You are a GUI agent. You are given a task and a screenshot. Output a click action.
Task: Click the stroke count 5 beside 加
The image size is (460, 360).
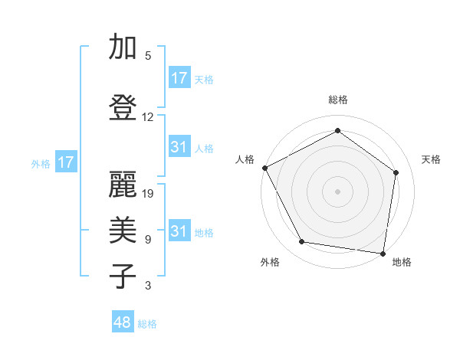pos(148,56)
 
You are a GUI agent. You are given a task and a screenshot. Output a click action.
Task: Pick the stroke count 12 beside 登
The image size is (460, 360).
pos(148,117)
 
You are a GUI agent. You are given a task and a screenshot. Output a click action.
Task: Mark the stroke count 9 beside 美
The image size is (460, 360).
pos(148,240)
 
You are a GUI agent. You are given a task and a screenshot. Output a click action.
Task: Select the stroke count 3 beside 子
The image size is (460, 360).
pos(148,286)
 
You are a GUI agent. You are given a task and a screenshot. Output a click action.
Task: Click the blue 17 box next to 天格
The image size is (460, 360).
pos(179,78)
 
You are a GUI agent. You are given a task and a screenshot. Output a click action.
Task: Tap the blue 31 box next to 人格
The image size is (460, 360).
pos(179,147)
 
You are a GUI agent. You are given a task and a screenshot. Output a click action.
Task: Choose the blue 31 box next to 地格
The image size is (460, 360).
pos(179,231)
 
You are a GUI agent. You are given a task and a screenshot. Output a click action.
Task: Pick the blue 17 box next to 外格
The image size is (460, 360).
pos(66,162)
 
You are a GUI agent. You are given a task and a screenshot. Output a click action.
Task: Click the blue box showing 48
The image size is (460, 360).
pos(123,322)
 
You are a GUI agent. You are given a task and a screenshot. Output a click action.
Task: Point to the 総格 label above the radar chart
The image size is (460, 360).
pos(337,100)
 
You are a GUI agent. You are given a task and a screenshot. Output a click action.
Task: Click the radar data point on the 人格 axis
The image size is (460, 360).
pos(264,168)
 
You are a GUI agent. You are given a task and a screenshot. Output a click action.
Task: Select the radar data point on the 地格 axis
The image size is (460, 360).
pos(383,252)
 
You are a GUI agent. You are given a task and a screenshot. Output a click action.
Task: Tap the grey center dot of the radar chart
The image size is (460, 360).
pos(337,191)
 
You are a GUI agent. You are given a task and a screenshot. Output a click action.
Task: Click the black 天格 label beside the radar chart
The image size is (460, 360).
pos(432,159)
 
